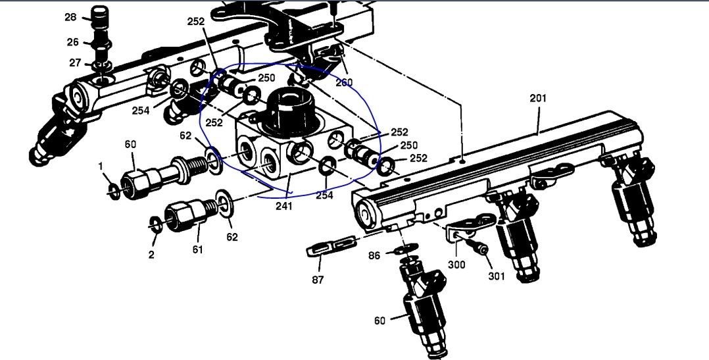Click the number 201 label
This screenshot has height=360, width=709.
[538, 98]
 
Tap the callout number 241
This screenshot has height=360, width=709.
[284, 206]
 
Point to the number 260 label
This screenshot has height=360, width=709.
[344, 83]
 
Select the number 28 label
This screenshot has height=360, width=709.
[70, 17]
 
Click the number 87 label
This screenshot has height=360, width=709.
[318, 280]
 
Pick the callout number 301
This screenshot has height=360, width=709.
[497, 275]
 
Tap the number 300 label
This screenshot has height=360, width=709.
[456, 264]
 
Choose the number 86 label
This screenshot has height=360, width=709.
[374, 255]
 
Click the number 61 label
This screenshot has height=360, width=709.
[197, 249]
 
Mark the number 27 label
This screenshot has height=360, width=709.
[76, 63]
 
